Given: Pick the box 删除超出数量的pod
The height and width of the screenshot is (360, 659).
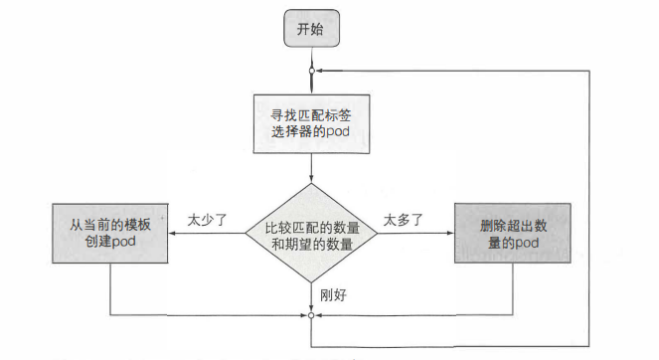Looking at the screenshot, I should tap(514, 233).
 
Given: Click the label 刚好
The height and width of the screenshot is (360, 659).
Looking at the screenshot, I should tap(333, 296).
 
